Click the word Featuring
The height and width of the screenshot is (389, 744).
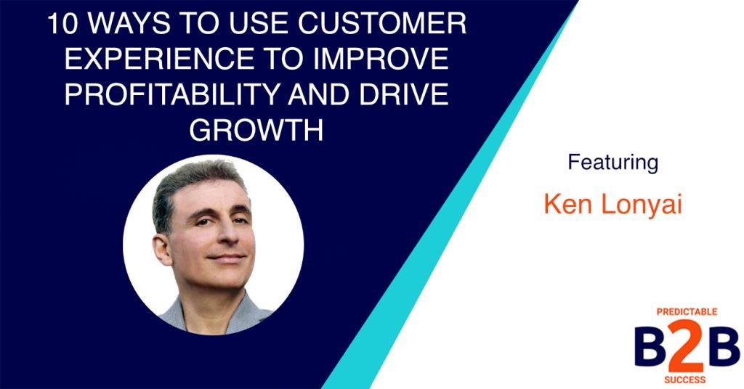[x=612, y=162]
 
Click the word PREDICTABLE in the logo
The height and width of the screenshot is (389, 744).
[x=686, y=311]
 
